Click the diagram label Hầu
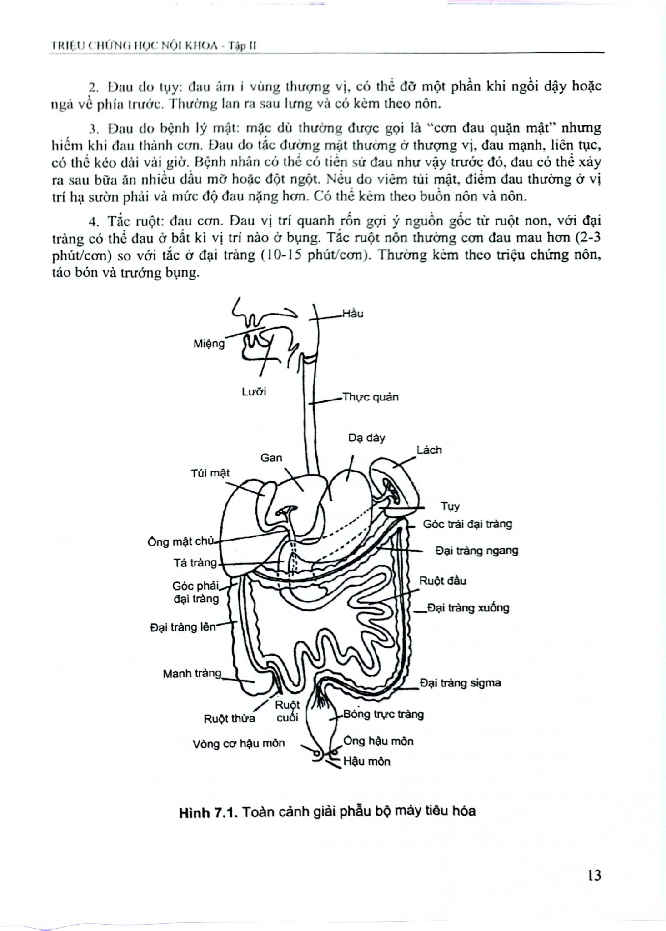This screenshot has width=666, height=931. pos(353,314)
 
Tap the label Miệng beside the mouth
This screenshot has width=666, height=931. pos(209,344)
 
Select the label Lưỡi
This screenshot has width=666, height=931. pos(254,392)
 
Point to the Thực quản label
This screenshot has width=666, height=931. pos(371,397)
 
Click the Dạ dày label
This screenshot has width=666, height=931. pos(366,438)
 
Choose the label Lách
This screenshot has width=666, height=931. pos(429,450)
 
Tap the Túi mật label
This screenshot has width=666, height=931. pos(210,473)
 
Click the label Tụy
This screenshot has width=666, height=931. pos(450,506)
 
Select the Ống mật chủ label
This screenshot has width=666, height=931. pos(180,542)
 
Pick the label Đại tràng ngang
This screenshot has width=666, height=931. pos(476,551)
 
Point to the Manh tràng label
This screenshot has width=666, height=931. pos(192,673)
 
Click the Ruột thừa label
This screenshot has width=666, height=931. pos(230,719)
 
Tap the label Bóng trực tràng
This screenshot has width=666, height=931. pos(383,714)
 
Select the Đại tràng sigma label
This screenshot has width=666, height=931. pos(460,683)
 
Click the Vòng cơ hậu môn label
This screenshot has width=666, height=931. pos(238,743)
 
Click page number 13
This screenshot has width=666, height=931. pos(594,875)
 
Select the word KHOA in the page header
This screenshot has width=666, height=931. pos(196,46)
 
